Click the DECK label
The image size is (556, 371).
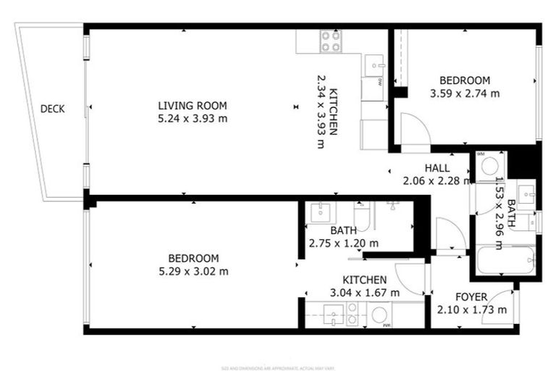[x=52, y=109]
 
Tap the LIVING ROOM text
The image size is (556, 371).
[x=193, y=105]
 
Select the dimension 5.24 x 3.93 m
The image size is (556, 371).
[x=193, y=118]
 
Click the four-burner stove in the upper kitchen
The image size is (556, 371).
[x=331, y=41]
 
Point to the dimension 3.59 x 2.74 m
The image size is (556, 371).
[x=464, y=93]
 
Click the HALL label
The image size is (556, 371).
[x=437, y=168]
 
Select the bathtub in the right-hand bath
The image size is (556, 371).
[x=505, y=260]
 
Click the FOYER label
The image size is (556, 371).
[x=471, y=297]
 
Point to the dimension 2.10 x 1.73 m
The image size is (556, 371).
[x=471, y=310]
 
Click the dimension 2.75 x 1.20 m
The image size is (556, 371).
[x=343, y=243]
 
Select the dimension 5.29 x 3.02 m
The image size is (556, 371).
[x=193, y=271]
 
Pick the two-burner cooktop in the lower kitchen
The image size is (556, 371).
[x=353, y=314]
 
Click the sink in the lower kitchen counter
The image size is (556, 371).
[x=333, y=314]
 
